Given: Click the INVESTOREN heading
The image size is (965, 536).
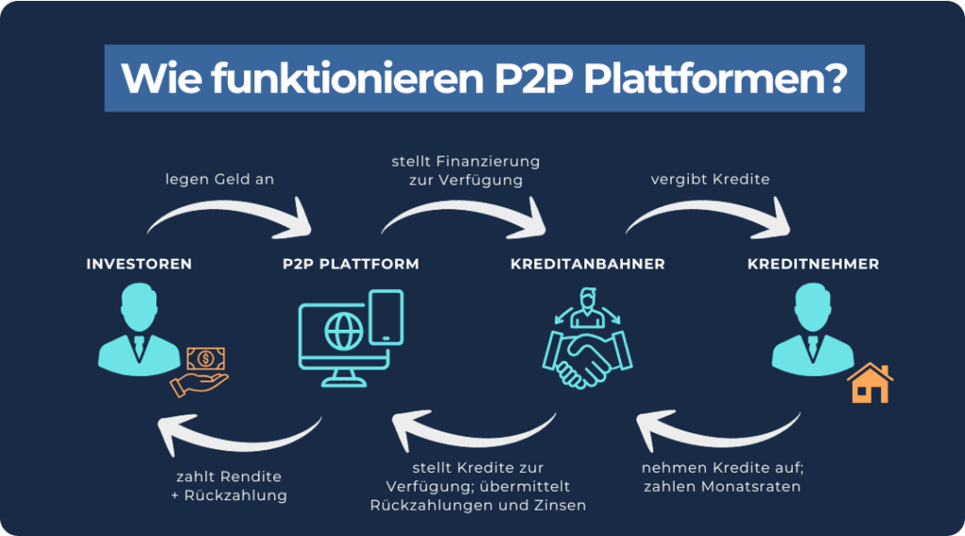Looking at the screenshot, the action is point(139,264).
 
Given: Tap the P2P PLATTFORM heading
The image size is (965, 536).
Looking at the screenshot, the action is point(351,264).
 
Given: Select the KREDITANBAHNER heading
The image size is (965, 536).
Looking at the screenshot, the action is point(588,264).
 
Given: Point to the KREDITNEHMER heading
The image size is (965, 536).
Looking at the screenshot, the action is point(813,264).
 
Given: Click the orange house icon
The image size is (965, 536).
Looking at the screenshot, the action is point(870,383).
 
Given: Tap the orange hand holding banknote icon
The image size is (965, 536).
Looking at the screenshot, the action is point(200,372).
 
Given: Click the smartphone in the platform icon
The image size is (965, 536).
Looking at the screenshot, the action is point(386,317).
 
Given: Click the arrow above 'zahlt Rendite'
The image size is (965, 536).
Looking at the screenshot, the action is point(240,442).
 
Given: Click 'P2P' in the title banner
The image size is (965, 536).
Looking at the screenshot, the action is point(534,78).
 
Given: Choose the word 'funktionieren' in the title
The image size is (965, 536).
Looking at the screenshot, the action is point(347,78).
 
